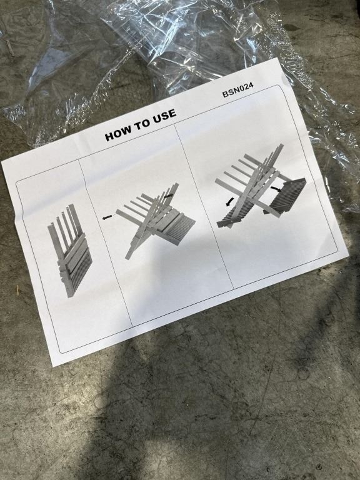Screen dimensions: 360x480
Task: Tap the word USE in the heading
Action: pyautogui.click(x=165, y=116)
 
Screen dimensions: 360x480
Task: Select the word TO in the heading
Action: pyautogui.click(x=142, y=124)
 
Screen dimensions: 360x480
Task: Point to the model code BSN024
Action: pyautogui.click(x=238, y=91)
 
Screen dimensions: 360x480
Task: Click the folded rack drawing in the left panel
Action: pyautogui.click(x=70, y=249)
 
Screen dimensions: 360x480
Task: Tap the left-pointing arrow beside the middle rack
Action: pyautogui.click(x=107, y=217)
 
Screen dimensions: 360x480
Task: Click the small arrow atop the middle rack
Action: pyautogui.click(x=167, y=196)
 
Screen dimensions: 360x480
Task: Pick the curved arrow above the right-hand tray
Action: pyautogui.click(x=276, y=189)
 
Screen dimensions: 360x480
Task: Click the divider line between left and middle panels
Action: pyautogui.click(x=105, y=242)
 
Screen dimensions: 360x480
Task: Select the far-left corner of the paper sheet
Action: pyautogui.click(x=1, y=162)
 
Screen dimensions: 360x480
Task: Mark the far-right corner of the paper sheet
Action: pyautogui.click(x=349, y=256)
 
